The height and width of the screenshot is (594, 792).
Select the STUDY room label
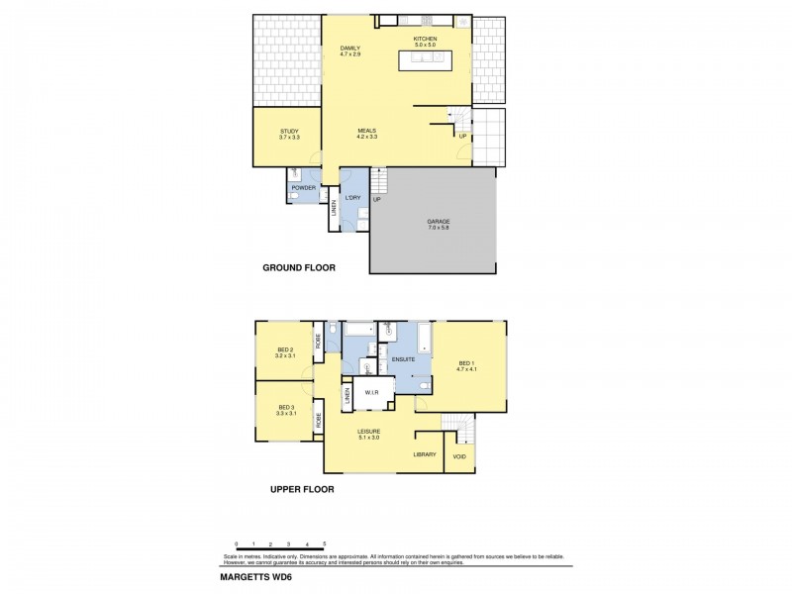289,134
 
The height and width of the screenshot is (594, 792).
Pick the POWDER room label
303,187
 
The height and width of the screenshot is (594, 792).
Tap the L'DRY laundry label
352,198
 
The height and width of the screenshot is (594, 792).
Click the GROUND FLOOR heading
299,267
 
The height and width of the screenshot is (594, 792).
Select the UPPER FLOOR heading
302,489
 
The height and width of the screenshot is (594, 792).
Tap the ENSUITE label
403,358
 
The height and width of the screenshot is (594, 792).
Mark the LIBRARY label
425,454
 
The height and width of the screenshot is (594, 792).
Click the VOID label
459,456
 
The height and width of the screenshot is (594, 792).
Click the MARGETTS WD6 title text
254,576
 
